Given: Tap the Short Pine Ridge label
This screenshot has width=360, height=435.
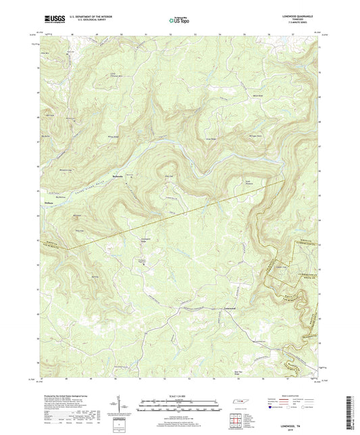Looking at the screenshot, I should click(x=237, y=373).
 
